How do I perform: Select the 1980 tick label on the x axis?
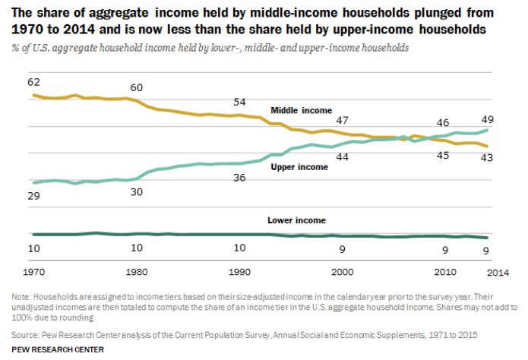(137, 270)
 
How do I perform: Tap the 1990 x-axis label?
(240, 270)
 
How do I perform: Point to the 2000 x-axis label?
(343, 270)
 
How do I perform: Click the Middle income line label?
(302, 111)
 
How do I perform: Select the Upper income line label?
(299, 166)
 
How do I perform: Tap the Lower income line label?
(296, 220)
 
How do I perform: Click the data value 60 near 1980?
(137, 87)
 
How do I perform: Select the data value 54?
(240, 102)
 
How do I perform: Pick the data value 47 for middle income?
(343, 120)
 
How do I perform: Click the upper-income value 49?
(488, 118)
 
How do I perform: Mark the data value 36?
(240, 178)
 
